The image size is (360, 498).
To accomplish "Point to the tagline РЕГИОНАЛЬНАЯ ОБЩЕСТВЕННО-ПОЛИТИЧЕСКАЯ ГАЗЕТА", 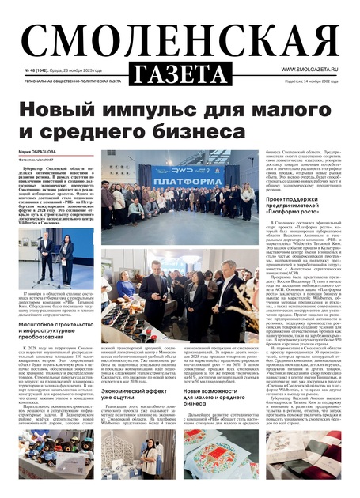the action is click(x=73, y=81).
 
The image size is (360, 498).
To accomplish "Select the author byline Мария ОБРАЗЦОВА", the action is click(x=39, y=152).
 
